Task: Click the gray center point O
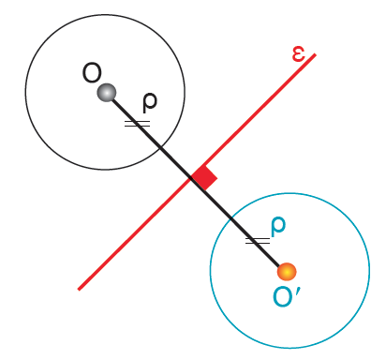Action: (x=107, y=93)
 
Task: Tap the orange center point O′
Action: (x=287, y=271)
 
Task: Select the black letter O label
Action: (x=92, y=73)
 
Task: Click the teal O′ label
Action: (x=286, y=296)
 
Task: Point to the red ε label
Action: (x=298, y=54)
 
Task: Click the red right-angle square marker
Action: (x=204, y=177)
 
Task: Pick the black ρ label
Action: (x=150, y=102)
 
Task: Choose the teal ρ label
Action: (x=277, y=227)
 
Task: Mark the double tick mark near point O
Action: (x=138, y=124)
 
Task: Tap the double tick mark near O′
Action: (x=258, y=241)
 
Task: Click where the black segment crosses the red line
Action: (x=191, y=178)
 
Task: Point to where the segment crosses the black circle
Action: (x=160, y=147)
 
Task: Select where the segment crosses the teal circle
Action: (x=231, y=217)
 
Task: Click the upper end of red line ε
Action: (x=316, y=54)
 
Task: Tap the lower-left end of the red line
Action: (x=79, y=290)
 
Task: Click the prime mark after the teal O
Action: (x=298, y=292)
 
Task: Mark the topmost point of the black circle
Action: (x=105, y=15)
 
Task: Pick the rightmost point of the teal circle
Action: (x=369, y=270)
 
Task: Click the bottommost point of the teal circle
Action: (x=289, y=348)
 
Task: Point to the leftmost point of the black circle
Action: (x=25, y=92)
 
